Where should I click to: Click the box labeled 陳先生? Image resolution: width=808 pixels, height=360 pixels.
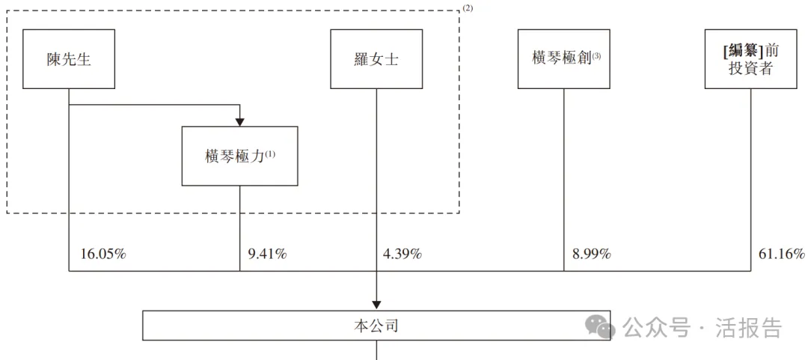[69, 59]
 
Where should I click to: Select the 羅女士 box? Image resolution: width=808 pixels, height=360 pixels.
[376, 59]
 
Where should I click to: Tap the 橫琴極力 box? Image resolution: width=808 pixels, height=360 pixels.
[239, 156]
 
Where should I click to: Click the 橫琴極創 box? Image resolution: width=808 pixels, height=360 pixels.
[563, 59]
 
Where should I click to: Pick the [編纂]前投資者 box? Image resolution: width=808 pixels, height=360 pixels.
[750, 59]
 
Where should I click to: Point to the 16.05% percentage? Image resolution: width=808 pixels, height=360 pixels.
[102, 254]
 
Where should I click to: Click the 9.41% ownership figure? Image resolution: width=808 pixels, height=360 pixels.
[267, 254]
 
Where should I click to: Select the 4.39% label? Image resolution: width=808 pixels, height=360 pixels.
[402, 254]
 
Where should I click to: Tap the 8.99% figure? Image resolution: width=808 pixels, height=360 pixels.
[591, 254]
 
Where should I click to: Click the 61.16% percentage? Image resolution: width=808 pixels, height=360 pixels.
[782, 254]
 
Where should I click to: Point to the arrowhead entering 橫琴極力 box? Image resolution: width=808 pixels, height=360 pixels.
[239, 121]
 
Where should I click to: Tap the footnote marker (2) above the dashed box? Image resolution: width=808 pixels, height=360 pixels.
[468, 8]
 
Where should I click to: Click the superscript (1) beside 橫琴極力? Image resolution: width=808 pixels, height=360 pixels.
[270, 153]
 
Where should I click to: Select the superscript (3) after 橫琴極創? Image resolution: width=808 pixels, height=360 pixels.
[597, 55]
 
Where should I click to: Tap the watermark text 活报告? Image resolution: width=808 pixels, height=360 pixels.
[749, 328]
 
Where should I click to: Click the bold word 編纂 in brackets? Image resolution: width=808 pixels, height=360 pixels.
[744, 51]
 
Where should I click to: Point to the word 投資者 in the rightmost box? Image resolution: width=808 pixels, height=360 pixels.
[750, 69]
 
